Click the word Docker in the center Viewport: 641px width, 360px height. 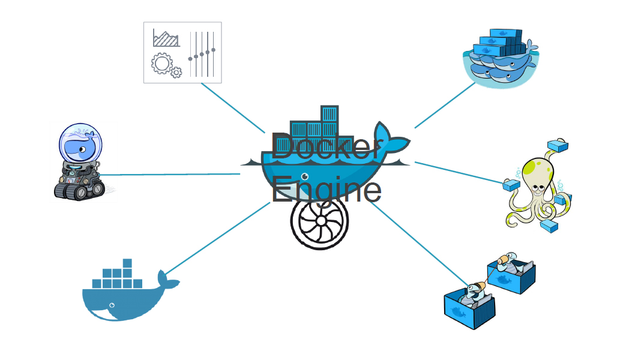click(x=326, y=148)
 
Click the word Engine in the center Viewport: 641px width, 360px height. click(x=326, y=190)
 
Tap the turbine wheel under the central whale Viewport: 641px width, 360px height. click(x=320, y=221)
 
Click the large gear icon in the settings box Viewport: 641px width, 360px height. click(x=161, y=63)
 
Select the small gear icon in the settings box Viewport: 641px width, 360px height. click(x=176, y=73)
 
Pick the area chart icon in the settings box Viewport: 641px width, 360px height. click(x=166, y=38)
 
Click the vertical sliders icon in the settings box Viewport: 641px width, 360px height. click(x=202, y=54)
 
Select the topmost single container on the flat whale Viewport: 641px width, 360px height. click(x=127, y=263)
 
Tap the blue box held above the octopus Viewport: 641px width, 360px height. click(x=558, y=145)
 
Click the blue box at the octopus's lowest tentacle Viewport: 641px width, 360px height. click(x=549, y=226)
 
